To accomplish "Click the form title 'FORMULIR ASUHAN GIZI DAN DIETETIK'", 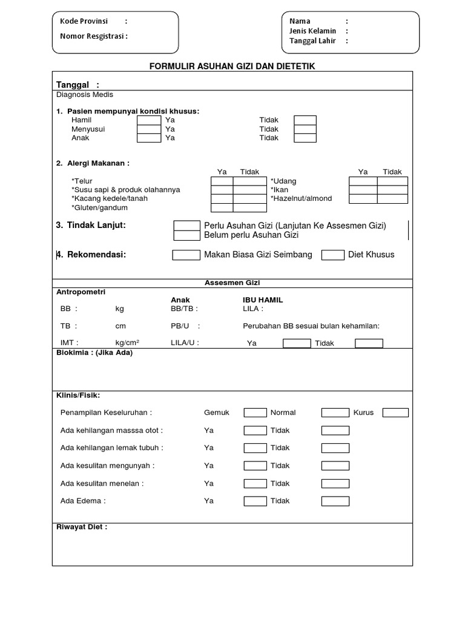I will pos(232,65).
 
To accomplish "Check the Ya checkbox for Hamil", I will pos(149,120).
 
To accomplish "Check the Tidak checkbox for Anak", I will pos(305,138).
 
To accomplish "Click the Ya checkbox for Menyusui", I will pos(149,129).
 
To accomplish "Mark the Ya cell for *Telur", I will pos(222,181).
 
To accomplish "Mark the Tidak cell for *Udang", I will pos(392,181).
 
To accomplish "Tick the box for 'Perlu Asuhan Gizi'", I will pos(186,226).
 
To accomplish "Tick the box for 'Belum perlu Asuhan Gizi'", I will pos(186,235).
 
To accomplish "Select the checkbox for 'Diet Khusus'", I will pos(333,255).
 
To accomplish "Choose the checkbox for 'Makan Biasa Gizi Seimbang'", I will pos(186,255).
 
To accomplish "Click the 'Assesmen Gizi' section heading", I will pos(232,283).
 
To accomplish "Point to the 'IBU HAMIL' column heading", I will pos(263,300).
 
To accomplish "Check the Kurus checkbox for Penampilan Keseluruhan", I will pos(395,413).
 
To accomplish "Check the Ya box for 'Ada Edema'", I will pos(255,502).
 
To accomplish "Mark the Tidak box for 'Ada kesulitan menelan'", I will pos(335,484).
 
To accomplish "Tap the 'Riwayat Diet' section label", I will pos(82,527).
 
